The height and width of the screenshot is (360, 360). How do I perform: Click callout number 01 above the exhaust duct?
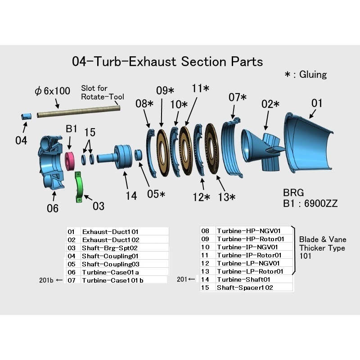pyautogui.click(x=317, y=103)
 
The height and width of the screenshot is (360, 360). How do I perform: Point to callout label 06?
pyautogui.click(x=53, y=208)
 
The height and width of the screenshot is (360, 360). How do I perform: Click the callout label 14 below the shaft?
pyautogui.click(x=131, y=196)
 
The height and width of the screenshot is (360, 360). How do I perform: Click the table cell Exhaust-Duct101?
pyautogui.click(x=110, y=232)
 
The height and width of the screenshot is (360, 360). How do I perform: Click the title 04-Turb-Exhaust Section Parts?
pyautogui.click(x=167, y=61)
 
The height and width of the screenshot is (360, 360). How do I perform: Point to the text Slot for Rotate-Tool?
pyautogui.click(x=102, y=92)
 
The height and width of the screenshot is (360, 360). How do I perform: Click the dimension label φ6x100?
pyautogui.click(x=53, y=91)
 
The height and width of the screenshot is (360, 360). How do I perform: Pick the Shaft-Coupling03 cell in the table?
pyautogui.click(x=111, y=264)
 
